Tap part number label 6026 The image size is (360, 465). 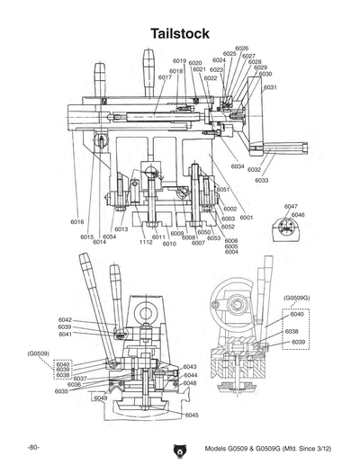241,49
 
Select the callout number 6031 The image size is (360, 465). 270,87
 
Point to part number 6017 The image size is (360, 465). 165,78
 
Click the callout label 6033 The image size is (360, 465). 262,181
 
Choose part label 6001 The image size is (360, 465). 247,218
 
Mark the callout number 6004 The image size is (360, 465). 231,253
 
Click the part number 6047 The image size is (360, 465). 291,206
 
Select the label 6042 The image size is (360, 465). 66,319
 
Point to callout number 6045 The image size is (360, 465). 191,415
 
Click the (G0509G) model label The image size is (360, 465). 296,297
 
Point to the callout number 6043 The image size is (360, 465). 190,367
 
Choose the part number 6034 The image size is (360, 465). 238,167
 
